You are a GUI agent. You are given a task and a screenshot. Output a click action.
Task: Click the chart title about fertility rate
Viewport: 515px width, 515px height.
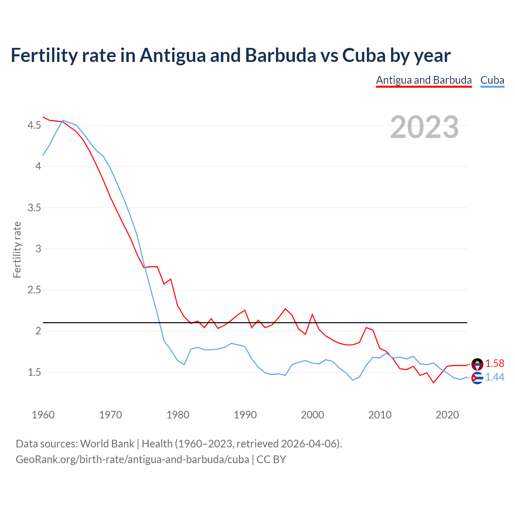tap(230, 55)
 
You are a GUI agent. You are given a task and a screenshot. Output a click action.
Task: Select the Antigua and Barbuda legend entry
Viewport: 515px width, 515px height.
tap(424, 80)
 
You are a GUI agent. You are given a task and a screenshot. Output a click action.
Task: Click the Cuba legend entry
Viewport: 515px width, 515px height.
tap(492, 80)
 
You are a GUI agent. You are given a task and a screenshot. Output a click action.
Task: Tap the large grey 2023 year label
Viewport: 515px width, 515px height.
tap(424, 127)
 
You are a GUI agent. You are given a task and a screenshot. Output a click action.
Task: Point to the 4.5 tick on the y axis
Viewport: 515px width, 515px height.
tap(34, 126)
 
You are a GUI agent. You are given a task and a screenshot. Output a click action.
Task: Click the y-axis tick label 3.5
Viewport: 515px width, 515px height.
tap(34, 208)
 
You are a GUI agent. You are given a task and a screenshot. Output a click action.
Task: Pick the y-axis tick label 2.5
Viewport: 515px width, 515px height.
tap(34, 290)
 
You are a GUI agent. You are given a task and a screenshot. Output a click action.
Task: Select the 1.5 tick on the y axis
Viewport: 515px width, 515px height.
tap(34, 372)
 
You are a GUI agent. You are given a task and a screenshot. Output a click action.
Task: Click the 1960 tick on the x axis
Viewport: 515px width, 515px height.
tap(43, 415)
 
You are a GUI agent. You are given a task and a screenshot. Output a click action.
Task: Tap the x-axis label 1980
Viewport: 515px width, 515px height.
tap(178, 415)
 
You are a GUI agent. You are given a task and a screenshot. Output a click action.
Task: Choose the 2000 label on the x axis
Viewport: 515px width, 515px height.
tap(312, 415)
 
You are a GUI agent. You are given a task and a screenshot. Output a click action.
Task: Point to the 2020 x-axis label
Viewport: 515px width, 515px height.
tap(447, 415)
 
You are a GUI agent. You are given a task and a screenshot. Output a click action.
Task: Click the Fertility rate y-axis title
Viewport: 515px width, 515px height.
tap(17, 249)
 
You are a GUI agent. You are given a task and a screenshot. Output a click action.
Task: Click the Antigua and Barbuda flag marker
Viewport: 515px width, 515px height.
tap(477, 364)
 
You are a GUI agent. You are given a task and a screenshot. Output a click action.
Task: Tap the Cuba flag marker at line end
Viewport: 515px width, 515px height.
tap(477, 378)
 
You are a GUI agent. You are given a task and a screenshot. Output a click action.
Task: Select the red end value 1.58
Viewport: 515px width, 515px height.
tap(494, 364)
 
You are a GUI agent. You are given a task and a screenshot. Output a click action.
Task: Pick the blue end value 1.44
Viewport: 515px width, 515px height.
tap(494, 377)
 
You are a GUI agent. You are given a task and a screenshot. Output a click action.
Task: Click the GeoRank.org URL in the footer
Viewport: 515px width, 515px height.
tap(132, 459)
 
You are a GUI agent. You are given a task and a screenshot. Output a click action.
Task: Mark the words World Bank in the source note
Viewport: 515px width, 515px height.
tap(107, 444)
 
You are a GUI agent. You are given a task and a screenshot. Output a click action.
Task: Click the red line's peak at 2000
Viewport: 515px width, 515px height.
tap(312, 314)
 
